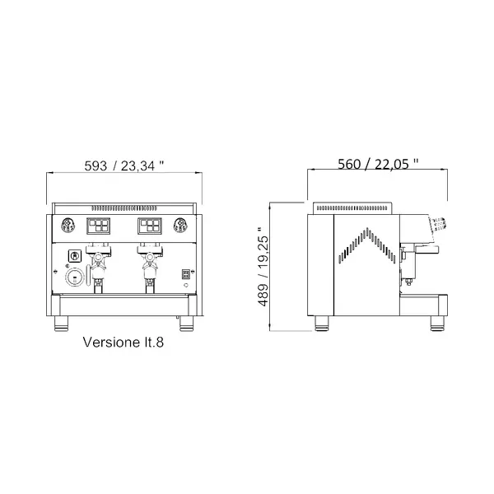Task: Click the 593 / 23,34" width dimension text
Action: (125, 165)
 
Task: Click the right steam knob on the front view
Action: (182, 225)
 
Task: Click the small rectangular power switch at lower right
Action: (185, 274)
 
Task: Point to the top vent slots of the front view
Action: (124, 207)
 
